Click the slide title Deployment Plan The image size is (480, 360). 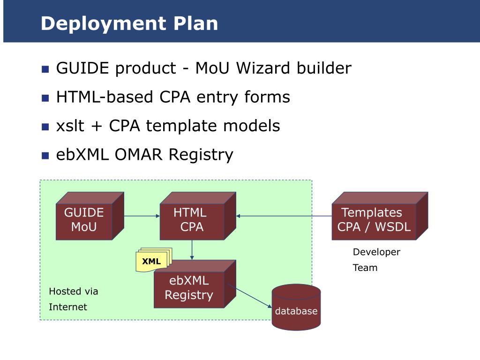[129, 24]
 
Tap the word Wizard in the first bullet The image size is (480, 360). [263, 67]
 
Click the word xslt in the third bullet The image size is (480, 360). [70, 126]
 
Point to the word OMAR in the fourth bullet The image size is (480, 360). [138, 154]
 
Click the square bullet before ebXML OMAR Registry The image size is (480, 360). [45, 156]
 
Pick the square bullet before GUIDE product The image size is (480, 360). [45, 69]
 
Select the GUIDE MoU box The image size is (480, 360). [90, 216]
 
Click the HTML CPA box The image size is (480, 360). [198, 216]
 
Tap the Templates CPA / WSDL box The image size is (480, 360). [380, 216]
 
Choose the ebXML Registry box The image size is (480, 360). [195, 284]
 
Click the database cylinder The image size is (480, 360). [296, 307]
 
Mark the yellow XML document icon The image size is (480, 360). [154, 260]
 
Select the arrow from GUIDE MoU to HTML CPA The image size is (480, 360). [142, 216]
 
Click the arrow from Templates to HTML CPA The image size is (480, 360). [284, 216]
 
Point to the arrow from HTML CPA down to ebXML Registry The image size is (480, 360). [192, 250]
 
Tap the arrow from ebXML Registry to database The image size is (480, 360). [249, 296]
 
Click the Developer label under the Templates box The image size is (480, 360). [376, 252]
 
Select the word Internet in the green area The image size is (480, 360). [67, 307]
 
